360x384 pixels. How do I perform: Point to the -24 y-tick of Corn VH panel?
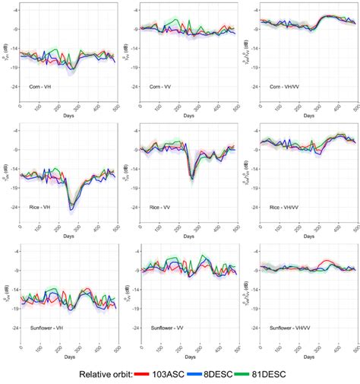pyautogui.click(x=14, y=87)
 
